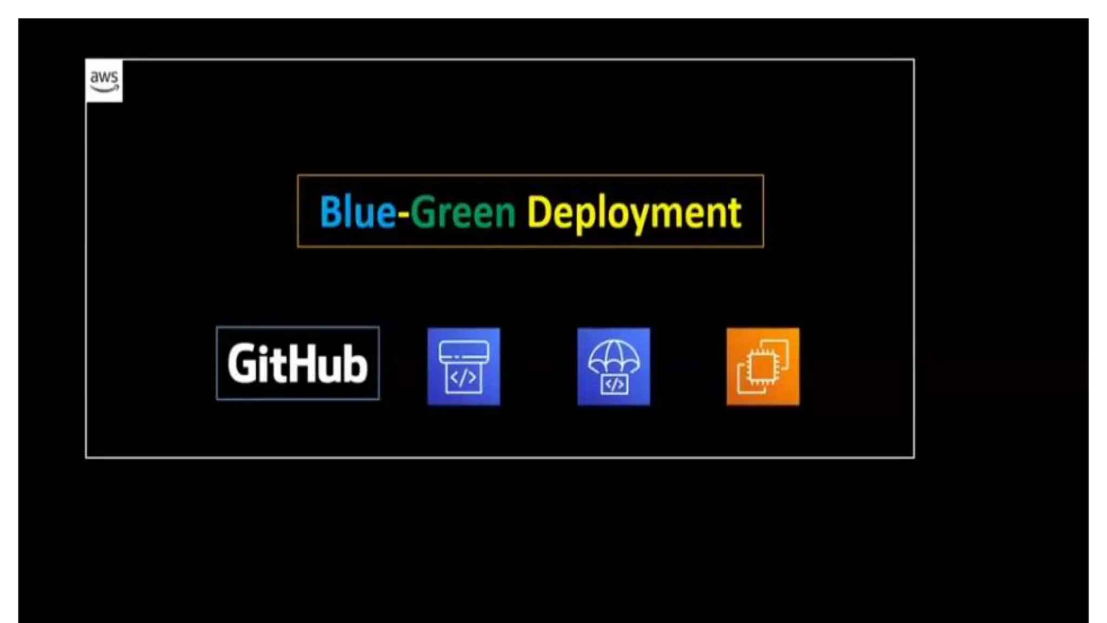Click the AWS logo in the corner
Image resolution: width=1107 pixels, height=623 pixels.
pyautogui.click(x=104, y=81)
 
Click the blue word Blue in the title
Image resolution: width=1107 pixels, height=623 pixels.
pyautogui.click(x=357, y=211)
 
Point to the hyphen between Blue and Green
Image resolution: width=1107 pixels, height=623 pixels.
pyautogui.click(x=403, y=214)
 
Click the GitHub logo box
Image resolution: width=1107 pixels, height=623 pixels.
pyautogui.click(x=298, y=363)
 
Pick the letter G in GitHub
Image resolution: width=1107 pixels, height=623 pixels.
pyautogui.click(x=242, y=363)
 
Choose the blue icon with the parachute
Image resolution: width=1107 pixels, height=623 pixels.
pyautogui.click(x=613, y=366)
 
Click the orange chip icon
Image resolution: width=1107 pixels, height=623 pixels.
pyautogui.click(x=763, y=366)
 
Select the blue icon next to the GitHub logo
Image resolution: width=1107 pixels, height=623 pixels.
pyautogui.click(x=464, y=366)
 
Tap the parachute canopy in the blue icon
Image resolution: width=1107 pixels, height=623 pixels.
pyautogui.click(x=613, y=355)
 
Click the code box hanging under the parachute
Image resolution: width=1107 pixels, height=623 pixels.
pyautogui.click(x=614, y=385)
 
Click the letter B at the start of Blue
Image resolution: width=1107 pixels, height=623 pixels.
pyautogui.click(x=330, y=211)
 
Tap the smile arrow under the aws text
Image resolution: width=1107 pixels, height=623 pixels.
pyautogui.click(x=104, y=89)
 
